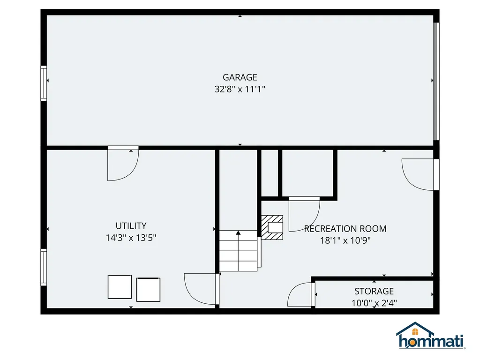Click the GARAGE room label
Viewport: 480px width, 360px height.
pos(240,77)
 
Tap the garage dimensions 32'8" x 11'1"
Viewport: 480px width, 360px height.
pos(240,89)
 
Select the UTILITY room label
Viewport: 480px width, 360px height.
pos(131,226)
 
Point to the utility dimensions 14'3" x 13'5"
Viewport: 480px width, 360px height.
pos(131,238)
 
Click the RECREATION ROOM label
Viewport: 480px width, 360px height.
pos(345,229)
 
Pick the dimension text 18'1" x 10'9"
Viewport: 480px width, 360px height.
pos(345,240)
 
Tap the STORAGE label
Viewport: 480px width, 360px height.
pos(374,291)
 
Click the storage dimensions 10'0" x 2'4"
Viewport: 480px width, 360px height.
pos(374,303)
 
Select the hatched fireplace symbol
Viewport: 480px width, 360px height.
pos(272,227)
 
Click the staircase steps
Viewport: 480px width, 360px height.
pos(238,251)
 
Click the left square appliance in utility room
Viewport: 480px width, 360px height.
pos(120,286)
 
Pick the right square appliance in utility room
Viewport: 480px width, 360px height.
pos(149,290)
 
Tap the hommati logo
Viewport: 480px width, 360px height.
pos(431,336)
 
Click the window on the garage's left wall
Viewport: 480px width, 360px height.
pos(44,83)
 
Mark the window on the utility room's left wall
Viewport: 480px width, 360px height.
pos(44,268)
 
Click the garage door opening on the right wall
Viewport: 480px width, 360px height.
pos(436,82)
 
